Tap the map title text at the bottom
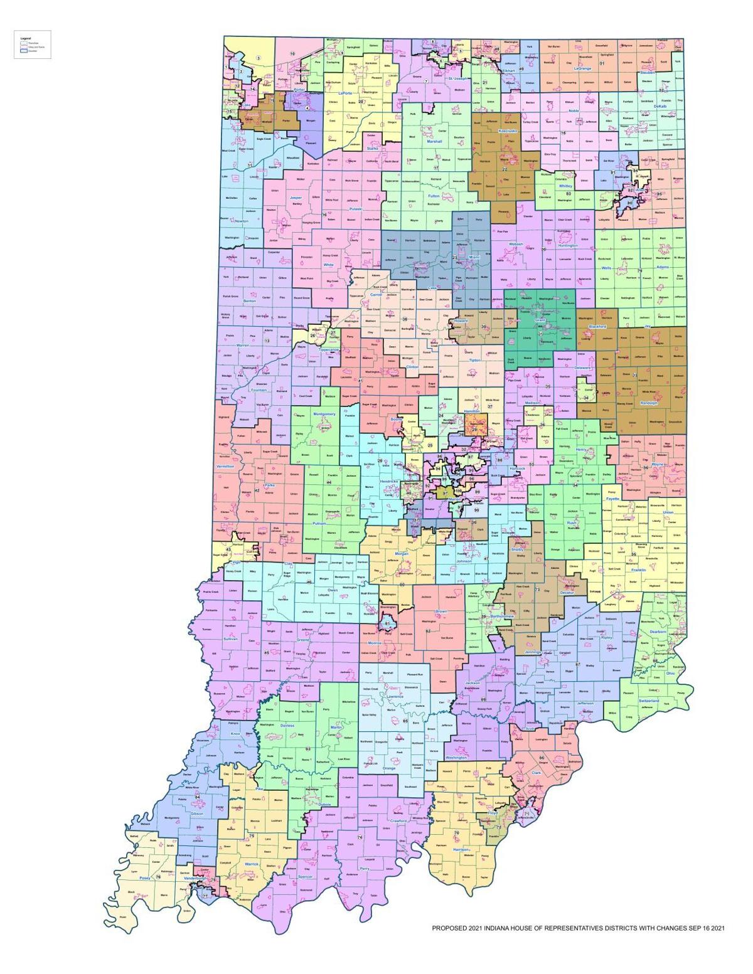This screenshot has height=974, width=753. click(578, 928)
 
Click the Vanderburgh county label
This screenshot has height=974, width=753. click(192, 878)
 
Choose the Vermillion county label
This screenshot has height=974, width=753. click(225, 467)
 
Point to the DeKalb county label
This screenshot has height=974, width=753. click(663, 107)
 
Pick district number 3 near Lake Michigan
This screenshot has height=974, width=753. click(258, 59)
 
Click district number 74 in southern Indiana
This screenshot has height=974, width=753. click(360, 837)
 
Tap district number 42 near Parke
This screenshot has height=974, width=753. click(256, 490)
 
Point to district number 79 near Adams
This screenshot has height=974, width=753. click(640, 271)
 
